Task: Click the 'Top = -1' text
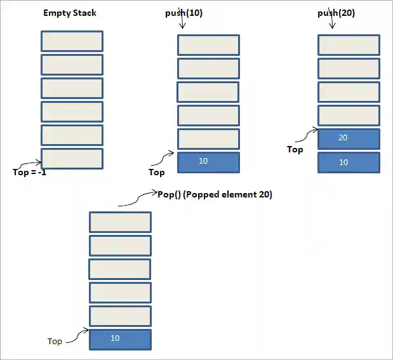click(x=29, y=172)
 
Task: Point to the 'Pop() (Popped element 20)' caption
click(x=214, y=195)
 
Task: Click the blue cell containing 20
click(x=348, y=138)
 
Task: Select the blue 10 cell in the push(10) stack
click(x=208, y=162)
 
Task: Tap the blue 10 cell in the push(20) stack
click(x=348, y=163)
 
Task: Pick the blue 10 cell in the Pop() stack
click(x=120, y=339)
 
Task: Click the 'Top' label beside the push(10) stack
click(x=156, y=172)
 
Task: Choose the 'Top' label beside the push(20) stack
click(x=295, y=150)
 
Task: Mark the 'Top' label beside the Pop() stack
click(x=55, y=342)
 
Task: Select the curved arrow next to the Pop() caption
click(x=137, y=199)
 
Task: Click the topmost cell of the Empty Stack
click(x=72, y=41)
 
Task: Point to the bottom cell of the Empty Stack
click(x=72, y=158)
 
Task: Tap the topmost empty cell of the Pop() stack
click(x=120, y=222)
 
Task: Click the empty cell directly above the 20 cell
click(x=348, y=115)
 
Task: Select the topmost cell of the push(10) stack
click(x=208, y=45)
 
